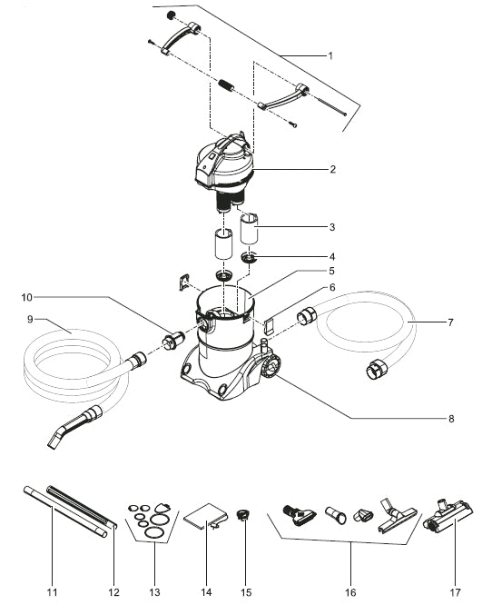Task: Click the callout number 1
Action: coord(330,56)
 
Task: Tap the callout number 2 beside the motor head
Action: coord(332,169)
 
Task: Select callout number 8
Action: coord(451,419)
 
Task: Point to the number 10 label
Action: coord(27,297)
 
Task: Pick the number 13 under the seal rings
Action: coord(154,592)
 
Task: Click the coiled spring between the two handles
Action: coord(226,86)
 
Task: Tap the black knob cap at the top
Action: coord(171,15)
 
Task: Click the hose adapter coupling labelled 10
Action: coord(173,341)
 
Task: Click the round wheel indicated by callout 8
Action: coord(271,367)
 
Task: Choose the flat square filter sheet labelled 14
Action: coord(204,516)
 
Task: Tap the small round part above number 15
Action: coord(242,514)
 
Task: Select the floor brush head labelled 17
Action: coord(448,515)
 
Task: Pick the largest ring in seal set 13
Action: coord(154,532)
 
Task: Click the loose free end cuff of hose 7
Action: coord(375,369)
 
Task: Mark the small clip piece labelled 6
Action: coord(269,324)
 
